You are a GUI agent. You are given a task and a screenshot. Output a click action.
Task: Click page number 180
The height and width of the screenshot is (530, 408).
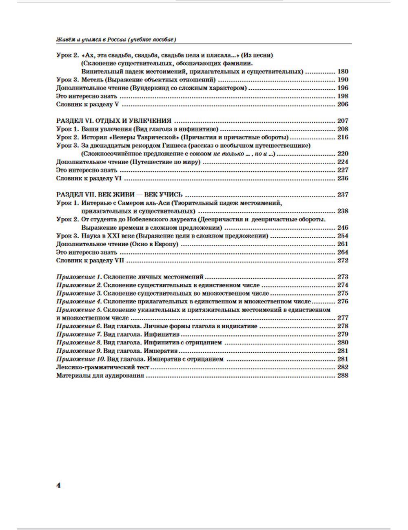343,71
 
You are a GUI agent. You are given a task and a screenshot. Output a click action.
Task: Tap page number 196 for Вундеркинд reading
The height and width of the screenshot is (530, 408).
343,88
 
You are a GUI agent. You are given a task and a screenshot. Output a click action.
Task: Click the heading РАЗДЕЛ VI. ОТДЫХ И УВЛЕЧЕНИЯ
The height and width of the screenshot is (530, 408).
113,121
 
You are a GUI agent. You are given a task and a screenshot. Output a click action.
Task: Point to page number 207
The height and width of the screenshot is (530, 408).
343,121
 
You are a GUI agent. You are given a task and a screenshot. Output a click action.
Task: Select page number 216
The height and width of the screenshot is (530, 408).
343,137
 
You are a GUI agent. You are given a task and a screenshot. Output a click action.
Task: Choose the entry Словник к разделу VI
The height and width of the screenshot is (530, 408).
89,179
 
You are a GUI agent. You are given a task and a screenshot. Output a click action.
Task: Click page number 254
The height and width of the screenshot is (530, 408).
343,236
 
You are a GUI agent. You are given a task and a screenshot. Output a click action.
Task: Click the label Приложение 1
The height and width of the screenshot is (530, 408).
78,277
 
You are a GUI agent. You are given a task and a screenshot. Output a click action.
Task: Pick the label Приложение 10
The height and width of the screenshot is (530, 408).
80,359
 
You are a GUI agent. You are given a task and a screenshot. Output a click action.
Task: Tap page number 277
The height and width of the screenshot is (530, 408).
343,318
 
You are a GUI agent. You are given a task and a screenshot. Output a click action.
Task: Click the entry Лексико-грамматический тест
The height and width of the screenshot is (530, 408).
103,367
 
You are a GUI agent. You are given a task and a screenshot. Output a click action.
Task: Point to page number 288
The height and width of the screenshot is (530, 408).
343,375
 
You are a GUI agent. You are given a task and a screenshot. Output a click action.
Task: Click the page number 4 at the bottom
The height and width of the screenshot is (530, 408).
58,486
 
